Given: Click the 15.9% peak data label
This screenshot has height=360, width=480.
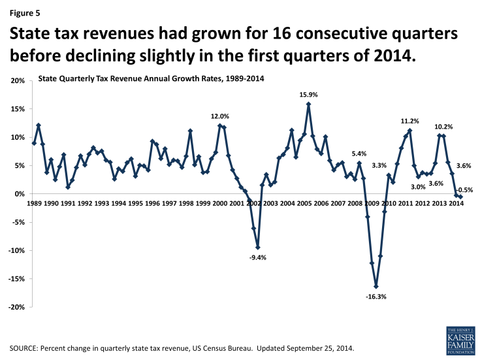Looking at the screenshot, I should pos(308,95).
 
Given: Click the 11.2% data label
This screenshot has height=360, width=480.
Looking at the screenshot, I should pos(409,122).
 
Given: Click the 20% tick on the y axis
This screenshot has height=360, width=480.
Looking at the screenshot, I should pos(18,81).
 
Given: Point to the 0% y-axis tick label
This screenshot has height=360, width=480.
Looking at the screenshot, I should pos(20,194).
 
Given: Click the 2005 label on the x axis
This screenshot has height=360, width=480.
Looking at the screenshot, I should pos(303,203).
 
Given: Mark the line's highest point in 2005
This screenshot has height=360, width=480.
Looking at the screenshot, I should pos(308,105).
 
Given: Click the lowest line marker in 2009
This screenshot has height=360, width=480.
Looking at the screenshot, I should pos(376,286).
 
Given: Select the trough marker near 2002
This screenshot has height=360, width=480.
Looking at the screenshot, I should pos(258,248).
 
